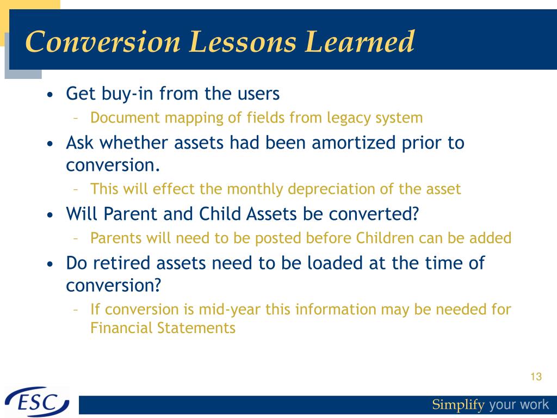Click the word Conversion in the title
[103, 41]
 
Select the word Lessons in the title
[242, 41]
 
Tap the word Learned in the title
[360, 41]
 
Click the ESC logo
[38, 402]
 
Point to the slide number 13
[536, 377]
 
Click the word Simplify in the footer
[458, 405]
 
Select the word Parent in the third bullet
[131, 214]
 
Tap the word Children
[385, 238]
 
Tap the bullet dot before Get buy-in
[50, 95]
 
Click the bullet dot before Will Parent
[50, 215]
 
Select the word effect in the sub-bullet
[174, 189]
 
